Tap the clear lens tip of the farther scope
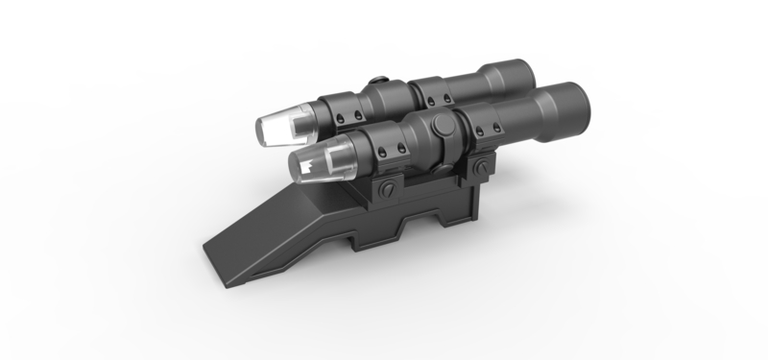277,126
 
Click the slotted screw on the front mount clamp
385,189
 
